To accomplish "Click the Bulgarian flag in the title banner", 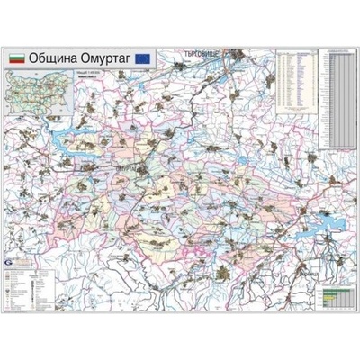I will (x=15, y=57).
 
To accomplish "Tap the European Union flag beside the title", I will (x=143, y=57).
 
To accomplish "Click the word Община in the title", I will (x=52, y=57).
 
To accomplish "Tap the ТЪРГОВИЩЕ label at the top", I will (x=202, y=53).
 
